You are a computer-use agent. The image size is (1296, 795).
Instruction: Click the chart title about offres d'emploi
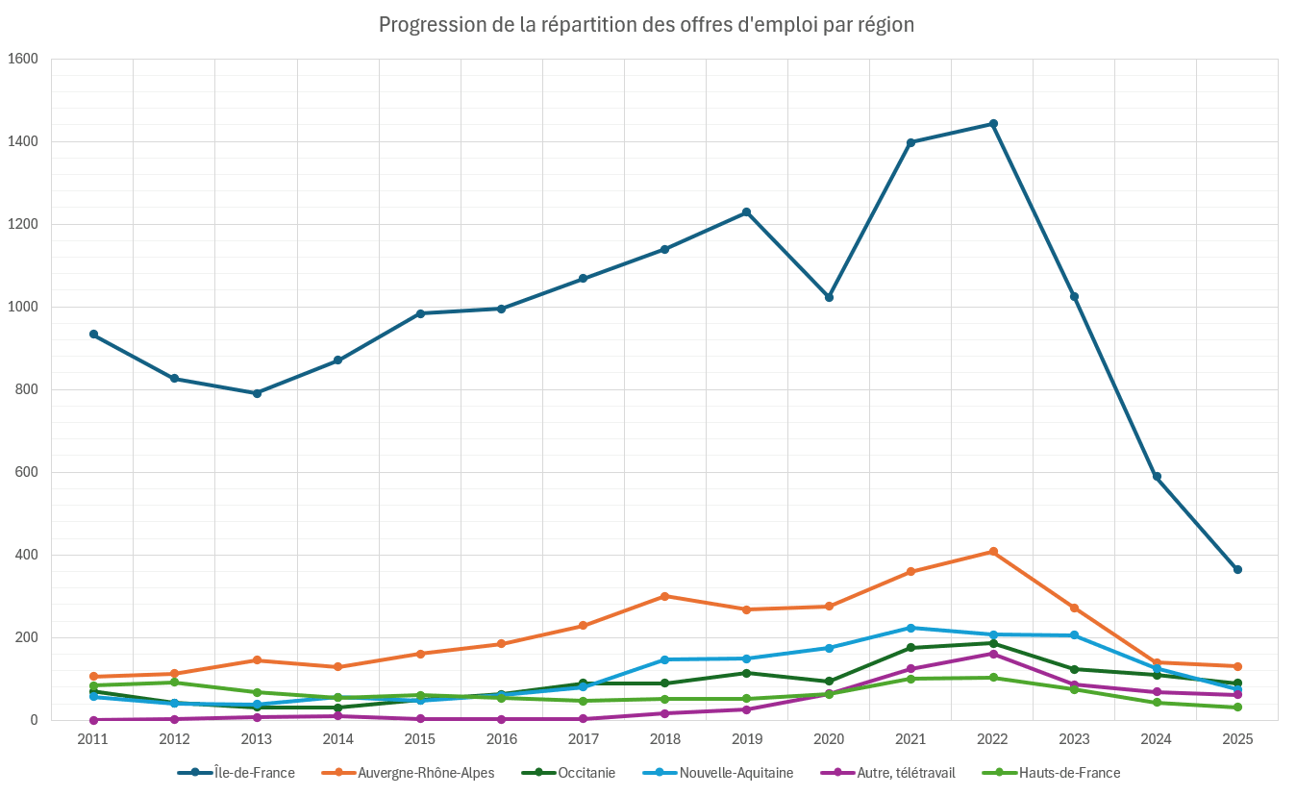[646, 25]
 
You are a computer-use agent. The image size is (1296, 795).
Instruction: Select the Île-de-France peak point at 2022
[993, 124]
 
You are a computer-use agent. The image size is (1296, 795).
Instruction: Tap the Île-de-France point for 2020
[829, 297]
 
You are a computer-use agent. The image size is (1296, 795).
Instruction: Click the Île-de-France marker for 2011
[93, 334]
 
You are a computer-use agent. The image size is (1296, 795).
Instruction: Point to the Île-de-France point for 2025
[1237, 569]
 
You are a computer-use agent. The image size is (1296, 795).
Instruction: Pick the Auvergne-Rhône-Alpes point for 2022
[993, 552]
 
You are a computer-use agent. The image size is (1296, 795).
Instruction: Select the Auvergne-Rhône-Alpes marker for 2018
[665, 596]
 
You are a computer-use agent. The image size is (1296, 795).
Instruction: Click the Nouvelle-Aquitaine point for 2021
[910, 628]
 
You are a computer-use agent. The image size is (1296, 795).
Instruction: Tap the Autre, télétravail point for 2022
[993, 654]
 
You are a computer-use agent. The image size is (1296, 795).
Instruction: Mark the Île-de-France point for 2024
[1157, 476]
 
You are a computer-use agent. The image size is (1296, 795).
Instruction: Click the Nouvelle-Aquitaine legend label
[735, 773]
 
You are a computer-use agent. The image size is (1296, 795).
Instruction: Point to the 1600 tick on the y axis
[22, 59]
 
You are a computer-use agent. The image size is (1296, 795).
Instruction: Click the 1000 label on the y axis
[22, 307]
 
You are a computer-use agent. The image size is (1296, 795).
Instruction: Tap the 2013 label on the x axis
[257, 738]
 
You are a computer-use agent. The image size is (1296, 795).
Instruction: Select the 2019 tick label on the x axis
[747, 738]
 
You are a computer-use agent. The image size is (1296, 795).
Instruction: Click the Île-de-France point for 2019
[746, 212]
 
